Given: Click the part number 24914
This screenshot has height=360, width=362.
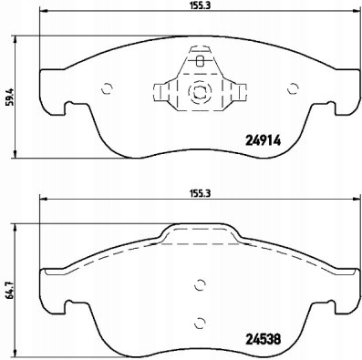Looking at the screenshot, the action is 263,140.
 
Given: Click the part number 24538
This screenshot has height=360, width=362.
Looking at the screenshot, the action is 263,339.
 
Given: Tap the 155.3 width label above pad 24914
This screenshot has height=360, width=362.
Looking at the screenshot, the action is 200,6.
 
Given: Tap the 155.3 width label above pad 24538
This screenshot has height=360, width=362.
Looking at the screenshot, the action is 200,193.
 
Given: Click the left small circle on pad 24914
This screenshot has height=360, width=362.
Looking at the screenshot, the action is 107,88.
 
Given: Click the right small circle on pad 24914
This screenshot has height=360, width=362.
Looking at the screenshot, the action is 294,88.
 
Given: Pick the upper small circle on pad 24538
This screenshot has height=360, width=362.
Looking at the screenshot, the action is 200,285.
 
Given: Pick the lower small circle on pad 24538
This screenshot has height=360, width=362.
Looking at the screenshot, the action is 200,323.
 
